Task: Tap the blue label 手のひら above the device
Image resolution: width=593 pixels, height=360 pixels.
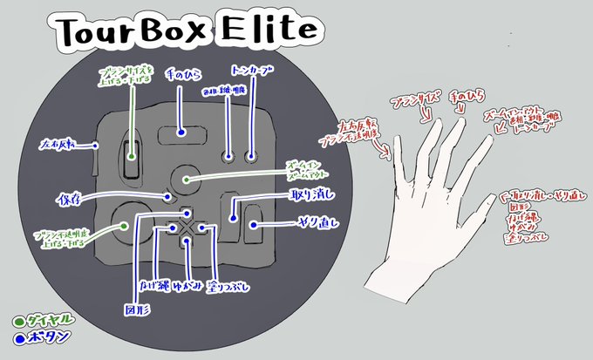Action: pos(182,78)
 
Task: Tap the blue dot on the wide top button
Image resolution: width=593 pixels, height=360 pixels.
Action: pos(181,133)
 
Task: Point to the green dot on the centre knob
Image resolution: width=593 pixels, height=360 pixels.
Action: pos(187,179)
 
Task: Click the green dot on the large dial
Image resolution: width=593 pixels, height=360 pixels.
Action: pos(130,225)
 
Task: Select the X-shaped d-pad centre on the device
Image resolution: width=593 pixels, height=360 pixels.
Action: pos(186,227)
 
